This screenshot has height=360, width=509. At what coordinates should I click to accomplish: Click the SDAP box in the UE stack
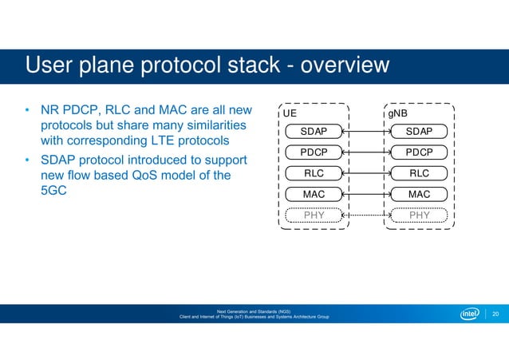[314, 130]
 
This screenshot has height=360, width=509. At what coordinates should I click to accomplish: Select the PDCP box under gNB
[418, 152]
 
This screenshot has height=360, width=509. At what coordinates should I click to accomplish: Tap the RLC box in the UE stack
[314, 172]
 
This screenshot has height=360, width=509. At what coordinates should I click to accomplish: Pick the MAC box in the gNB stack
[418, 194]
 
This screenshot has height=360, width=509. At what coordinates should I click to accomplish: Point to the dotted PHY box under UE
[314, 215]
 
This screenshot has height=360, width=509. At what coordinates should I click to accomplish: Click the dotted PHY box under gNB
[418, 215]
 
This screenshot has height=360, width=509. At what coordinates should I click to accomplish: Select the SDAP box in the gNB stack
[418, 130]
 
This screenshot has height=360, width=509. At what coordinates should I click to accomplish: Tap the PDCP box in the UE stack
[314, 152]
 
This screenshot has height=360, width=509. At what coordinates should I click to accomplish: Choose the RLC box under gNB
[418, 172]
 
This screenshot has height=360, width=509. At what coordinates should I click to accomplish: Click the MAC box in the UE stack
[314, 194]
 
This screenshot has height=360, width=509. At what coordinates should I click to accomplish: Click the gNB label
[399, 114]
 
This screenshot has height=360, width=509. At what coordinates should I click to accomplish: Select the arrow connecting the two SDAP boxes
[366, 130]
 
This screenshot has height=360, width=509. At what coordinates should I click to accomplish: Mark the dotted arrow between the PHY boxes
[366, 215]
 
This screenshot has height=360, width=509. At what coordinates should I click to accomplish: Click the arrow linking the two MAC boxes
[366, 194]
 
